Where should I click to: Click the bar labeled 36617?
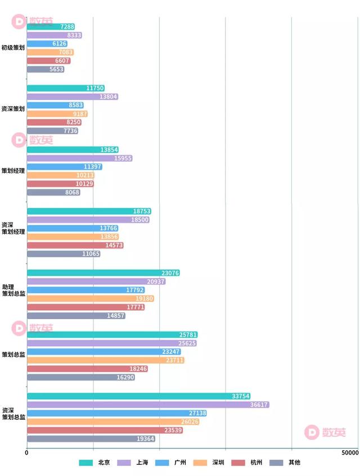tap(148, 405)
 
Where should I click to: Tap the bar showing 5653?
tap(46, 69)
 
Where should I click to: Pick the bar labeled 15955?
tap(80, 158)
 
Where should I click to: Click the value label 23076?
tap(170, 273)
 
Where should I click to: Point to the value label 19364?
tap(145, 439)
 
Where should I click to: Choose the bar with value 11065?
tap(64, 254)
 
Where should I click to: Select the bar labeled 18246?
tap(87, 369)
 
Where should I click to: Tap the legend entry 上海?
tap(142, 463)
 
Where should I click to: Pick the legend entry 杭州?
tap(256, 463)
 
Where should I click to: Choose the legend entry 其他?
tap(294, 463)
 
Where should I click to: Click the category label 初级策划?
tap(13, 48)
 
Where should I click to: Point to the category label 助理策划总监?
tap(13, 290)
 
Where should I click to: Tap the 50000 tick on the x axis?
tap(349, 452)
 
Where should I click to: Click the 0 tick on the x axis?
tap(26, 452)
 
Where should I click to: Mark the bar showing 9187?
tap(57, 114)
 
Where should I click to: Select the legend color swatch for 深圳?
tap(200, 463)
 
